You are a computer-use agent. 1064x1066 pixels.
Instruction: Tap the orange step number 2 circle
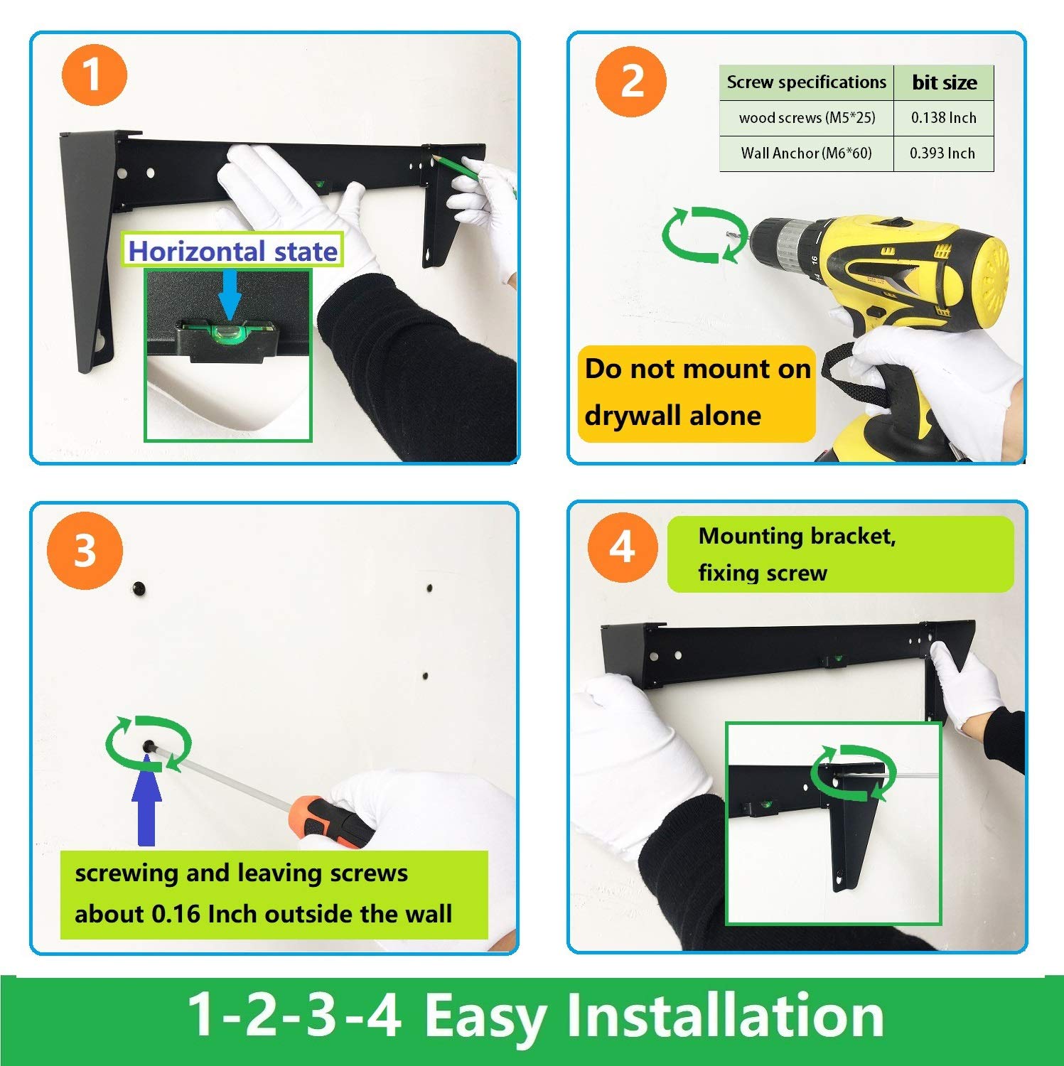tap(631, 82)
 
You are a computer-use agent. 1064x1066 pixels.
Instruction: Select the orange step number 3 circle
tap(85, 550)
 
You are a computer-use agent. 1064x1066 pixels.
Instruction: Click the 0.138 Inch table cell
tap(943, 118)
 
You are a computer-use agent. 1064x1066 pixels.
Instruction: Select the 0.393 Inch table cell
tap(943, 154)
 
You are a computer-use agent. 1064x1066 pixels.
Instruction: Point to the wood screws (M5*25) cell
tap(807, 118)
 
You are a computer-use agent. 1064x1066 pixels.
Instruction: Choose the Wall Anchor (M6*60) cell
tap(807, 154)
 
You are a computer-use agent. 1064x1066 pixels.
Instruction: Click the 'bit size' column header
tap(944, 82)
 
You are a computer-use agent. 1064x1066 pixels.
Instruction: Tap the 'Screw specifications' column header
tap(807, 82)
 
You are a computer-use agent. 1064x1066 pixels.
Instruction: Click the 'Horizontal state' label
tap(232, 251)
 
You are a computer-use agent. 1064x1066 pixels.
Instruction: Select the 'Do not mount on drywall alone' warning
tap(697, 393)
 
